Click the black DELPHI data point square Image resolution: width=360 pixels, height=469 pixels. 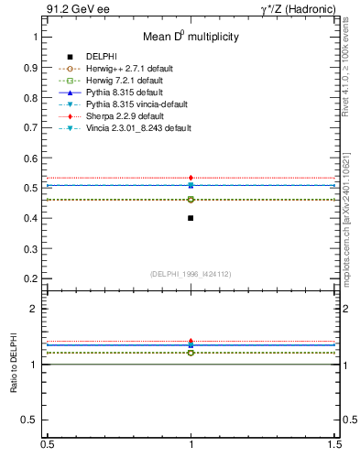tap(191, 218)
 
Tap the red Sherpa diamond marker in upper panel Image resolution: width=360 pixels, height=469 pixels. tap(191, 178)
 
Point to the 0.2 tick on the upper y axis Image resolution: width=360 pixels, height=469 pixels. tap(32, 278)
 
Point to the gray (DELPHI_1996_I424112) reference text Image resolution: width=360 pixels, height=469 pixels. tap(191, 274)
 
